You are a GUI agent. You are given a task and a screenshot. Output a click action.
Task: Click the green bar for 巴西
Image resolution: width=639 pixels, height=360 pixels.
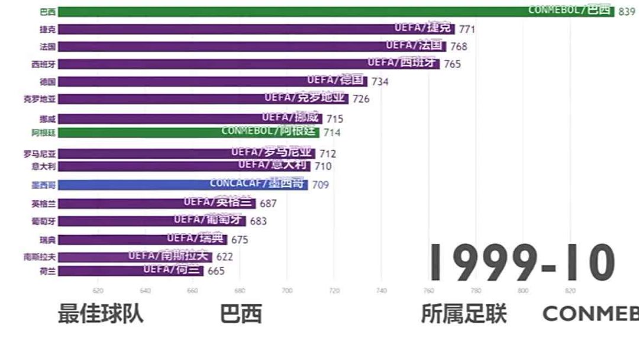click(296, 11)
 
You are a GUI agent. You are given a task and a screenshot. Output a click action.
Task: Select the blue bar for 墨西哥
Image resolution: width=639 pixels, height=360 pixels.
click(183, 185)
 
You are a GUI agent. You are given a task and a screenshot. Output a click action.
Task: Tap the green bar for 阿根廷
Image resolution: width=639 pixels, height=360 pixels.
click(189, 132)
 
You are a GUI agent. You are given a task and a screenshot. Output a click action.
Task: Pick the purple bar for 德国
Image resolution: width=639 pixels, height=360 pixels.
click(213, 82)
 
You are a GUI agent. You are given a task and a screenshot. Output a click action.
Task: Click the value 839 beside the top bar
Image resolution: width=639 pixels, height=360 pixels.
click(627, 11)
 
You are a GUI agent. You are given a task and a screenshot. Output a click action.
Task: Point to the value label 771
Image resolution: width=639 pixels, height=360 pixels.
click(467, 29)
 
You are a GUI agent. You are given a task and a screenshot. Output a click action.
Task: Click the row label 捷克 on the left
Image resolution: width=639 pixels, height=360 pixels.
click(48, 29)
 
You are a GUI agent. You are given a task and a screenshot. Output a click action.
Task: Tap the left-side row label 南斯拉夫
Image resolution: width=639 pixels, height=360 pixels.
click(40, 257)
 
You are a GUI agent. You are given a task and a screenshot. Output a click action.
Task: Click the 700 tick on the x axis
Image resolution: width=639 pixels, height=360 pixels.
click(287, 291)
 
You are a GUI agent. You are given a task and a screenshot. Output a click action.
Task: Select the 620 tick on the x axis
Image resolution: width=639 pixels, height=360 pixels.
click(98, 291)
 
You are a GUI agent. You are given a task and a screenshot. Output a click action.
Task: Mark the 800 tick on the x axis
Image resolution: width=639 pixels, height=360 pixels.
click(523, 291)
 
